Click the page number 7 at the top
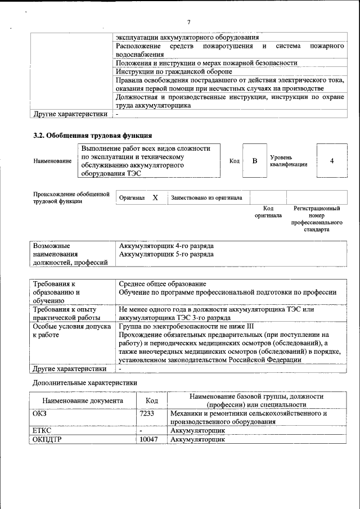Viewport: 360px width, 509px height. tap(188, 22)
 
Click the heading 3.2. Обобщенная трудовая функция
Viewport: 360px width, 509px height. tap(92, 136)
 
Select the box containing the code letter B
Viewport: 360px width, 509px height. tap(254, 161)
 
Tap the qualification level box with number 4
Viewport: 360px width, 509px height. tap(332, 161)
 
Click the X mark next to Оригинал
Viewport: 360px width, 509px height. tap(155, 198)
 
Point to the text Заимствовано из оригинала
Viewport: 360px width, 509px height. tap(206, 198)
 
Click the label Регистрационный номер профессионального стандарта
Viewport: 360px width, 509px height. tap(317, 219)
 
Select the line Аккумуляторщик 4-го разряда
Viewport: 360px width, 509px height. tap(166, 246)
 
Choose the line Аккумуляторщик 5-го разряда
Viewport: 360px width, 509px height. tap(166, 254)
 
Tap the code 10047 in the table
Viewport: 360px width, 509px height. tap(149, 440)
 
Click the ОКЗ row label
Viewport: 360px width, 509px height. tap(40, 413)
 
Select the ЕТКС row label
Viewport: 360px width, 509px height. tap(43, 431)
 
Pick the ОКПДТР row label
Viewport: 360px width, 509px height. tap(48, 440)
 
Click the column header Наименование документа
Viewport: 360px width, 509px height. tap(83, 401)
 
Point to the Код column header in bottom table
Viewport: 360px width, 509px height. tap(152, 401)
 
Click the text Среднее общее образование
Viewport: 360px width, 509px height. tap(163, 283)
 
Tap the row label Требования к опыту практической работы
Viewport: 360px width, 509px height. tap(65, 314)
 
